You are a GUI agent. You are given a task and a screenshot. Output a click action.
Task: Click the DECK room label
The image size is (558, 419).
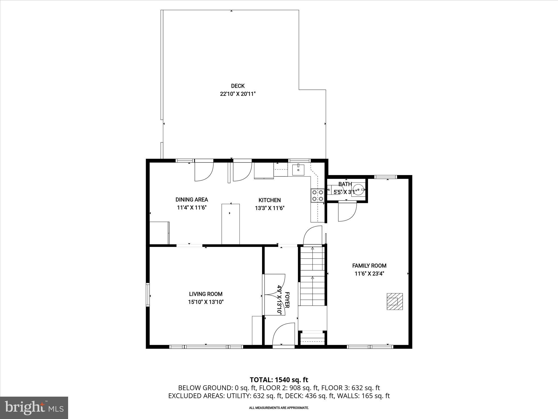coord(238,86)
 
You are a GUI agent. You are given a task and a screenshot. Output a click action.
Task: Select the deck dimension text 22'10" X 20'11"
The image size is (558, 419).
coord(238,94)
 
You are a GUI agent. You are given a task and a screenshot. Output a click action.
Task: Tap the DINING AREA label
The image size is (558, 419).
coord(192,200)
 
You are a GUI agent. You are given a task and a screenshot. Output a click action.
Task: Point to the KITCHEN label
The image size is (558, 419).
coord(269,200)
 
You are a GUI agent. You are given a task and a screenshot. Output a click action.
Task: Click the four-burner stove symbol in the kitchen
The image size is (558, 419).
coord(317,196)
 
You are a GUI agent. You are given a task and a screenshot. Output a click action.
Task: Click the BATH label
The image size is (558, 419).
coord(345,184)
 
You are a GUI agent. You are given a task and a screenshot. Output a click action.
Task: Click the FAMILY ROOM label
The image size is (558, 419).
coord(369,266)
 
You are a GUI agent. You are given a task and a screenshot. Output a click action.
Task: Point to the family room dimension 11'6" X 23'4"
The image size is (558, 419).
coord(369,274)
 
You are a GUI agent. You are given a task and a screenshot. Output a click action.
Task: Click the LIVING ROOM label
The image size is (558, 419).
coord(206,294)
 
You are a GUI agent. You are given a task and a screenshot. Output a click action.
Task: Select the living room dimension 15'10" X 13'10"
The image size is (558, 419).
coord(206,302)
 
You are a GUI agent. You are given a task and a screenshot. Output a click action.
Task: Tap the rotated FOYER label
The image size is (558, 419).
coord(287,300)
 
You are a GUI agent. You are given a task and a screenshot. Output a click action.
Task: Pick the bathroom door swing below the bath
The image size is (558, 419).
coord(347,212)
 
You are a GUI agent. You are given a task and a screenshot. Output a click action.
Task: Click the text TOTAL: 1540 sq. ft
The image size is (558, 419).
coord(279,380)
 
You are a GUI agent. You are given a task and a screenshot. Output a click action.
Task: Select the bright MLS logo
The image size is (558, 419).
coord(34,408)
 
